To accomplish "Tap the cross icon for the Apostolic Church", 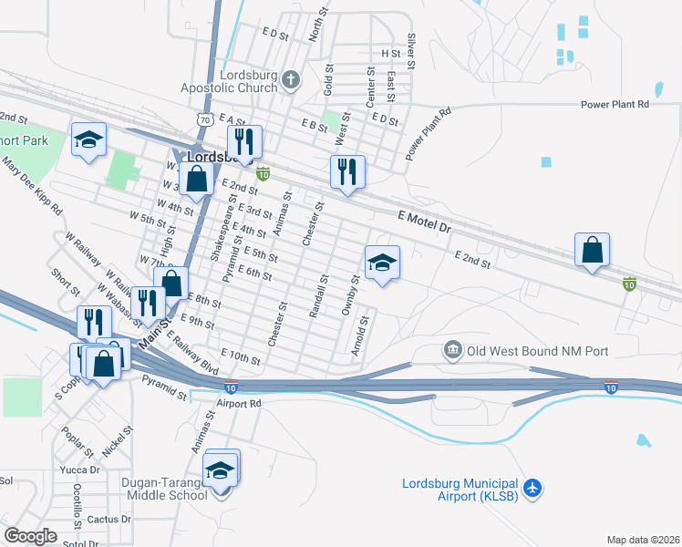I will click(291, 81).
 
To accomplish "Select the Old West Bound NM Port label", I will click(538, 351).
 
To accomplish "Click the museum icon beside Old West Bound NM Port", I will click(452, 351).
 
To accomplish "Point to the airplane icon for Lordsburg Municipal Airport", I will click(533, 489).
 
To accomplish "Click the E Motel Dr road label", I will click(425, 220).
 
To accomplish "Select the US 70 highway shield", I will click(205, 119).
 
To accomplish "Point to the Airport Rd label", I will click(239, 402).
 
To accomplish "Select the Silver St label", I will click(411, 53).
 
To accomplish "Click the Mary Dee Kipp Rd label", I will click(32, 187).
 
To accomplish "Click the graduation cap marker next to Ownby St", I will click(382, 263).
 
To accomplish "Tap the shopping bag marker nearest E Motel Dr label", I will click(592, 250).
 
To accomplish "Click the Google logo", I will click(30, 536).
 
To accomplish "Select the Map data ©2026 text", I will click(643, 540).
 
